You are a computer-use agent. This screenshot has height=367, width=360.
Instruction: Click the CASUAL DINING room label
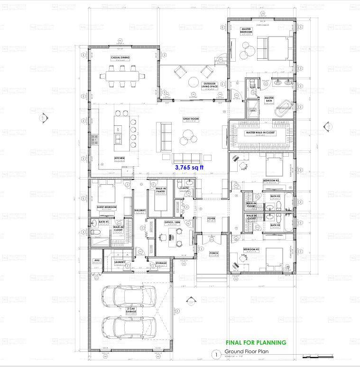[120, 58]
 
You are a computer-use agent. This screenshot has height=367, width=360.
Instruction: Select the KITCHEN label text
[119, 158]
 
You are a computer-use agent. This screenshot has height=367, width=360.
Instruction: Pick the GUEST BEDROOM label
[107, 207]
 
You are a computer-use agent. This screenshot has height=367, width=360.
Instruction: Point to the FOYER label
[212, 219]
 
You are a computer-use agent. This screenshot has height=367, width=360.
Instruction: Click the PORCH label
[213, 253]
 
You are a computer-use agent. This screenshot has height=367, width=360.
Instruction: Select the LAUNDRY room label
[120, 262]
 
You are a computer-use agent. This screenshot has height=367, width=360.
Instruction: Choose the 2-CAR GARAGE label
[131, 310]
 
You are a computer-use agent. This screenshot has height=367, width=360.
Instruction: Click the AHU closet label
[97, 261]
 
